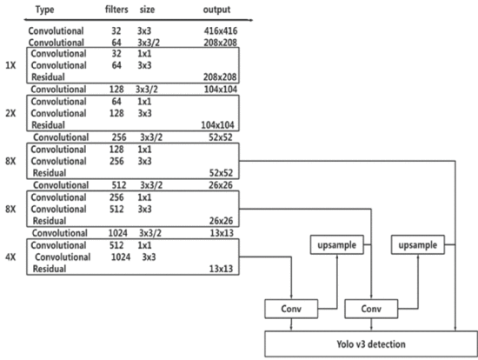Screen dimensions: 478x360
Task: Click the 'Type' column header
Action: [x=44, y=10]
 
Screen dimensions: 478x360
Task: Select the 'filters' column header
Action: [x=116, y=10]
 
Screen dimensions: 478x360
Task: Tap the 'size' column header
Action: [x=147, y=10]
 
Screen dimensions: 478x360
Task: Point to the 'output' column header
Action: [x=216, y=10]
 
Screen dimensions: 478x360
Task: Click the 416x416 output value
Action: [x=221, y=30]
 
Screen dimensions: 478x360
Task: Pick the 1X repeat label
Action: [x=10, y=65]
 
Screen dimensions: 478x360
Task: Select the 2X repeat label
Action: [x=10, y=113]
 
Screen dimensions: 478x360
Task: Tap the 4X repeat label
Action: [x=10, y=257]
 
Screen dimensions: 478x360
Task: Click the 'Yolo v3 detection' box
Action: [x=371, y=343]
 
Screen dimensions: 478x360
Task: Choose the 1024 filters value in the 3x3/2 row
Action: [x=118, y=233]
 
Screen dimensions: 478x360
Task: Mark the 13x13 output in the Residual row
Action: [x=221, y=269]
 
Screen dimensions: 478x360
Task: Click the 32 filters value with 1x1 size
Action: [x=116, y=53]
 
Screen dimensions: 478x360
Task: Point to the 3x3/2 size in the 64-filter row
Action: [x=149, y=43]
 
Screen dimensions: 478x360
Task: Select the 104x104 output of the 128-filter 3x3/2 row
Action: [x=221, y=89]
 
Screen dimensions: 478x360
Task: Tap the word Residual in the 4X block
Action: [x=50, y=269]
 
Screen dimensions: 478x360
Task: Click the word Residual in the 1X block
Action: [x=48, y=77]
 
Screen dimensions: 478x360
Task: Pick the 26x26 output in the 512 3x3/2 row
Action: [x=221, y=185]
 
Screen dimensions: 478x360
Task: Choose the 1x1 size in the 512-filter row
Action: [x=144, y=245]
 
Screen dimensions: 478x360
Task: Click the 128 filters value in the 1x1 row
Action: [x=116, y=150]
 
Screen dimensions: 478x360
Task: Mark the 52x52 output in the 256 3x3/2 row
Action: [x=221, y=137]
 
